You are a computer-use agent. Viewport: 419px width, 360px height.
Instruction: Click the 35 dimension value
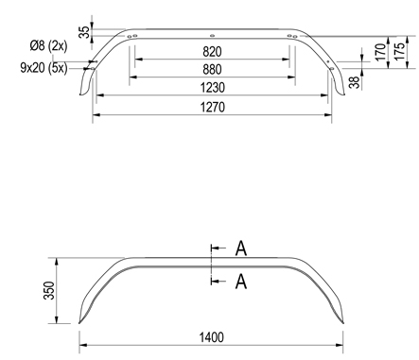pyautogui.click(x=83, y=31)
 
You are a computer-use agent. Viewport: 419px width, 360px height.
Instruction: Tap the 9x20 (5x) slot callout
pyautogui.click(x=44, y=68)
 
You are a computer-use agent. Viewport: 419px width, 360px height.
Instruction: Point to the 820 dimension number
pyautogui.click(x=212, y=50)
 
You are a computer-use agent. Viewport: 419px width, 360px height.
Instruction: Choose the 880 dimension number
pyautogui.click(x=212, y=69)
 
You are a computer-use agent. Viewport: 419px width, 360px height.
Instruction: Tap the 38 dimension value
pyautogui.click(x=354, y=81)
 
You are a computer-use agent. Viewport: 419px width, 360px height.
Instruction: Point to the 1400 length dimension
pyautogui.click(x=212, y=334)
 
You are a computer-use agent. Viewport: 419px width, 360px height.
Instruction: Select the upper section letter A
pyautogui.click(x=241, y=249)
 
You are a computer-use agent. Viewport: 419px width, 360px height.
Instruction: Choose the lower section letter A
pyautogui.click(x=241, y=281)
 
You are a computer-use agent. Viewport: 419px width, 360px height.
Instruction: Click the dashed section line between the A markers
pyautogui.click(x=211, y=265)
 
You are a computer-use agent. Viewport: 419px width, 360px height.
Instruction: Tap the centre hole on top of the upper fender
pyautogui.click(x=213, y=31)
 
